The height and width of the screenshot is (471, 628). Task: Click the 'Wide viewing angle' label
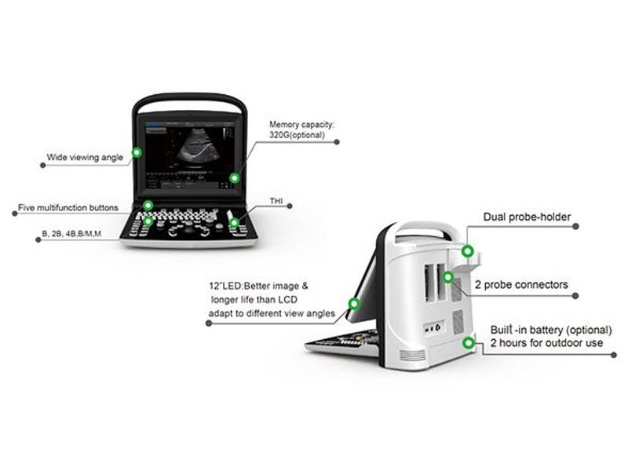pyautogui.click(x=85, y=158)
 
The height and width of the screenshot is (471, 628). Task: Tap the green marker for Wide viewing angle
pyautogui.click(x=137, y=152)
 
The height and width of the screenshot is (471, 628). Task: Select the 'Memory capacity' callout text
pyautogui.click(x=301, y=130)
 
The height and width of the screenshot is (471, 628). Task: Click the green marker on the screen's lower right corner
pyautogui.click(x=235, y=178)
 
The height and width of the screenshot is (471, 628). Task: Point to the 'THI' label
pyautogui.click(x=276, y=201)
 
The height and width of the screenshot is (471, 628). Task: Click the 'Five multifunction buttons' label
pyautogui.click(x=68, y=208)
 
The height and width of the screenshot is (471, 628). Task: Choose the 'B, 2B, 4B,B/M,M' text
pyautogui.click(x=71, y=233)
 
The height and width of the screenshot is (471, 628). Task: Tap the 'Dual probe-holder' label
pyautogui.click(x=527, y=217)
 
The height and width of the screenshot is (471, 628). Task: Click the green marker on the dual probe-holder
pyautogui.click(x=467, y=251)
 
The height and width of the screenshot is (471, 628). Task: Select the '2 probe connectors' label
pyautogui.click(x=521, y=285)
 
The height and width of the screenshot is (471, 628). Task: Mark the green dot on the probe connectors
pyautogui.click(x=447, y=277)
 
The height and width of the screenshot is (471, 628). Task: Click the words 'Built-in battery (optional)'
pyautogui.click(x=551, y=330)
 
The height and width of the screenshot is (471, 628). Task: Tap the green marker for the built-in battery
pyautogui.click(x=468, y=343)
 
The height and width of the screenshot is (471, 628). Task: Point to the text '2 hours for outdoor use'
pyautogui.click(x=546, y=343)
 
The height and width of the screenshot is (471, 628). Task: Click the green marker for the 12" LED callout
pyautogui.click(x=354, y=304)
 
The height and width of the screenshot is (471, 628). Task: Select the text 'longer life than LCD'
pyautogui.click(x=254, y=300)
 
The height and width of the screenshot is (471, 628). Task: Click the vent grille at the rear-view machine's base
pyautogui.click(x=413, y=355)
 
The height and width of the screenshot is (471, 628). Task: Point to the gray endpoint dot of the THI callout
pyautogui.click(x=290, y=206)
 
